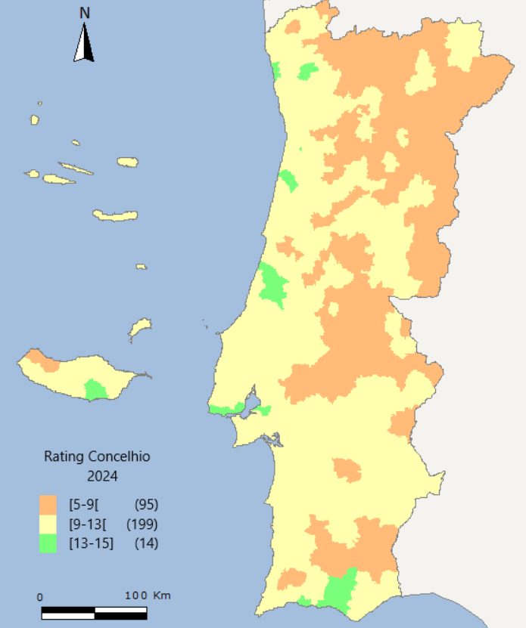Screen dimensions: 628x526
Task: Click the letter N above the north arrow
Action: coord(85,12)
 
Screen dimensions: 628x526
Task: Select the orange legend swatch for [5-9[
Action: coord(48,505)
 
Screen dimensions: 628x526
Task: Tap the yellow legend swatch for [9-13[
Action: coord(48,524)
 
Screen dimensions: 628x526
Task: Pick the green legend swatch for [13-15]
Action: coord(48,543)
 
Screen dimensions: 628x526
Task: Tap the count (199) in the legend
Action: coord(142,524)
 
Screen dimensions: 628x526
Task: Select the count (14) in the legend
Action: coord(146,543)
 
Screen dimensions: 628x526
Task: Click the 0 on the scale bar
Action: coord(40,596)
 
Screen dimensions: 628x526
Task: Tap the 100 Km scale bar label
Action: coord(148,596)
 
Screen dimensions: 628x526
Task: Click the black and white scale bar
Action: coord(95,611)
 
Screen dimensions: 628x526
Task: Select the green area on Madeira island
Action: coord(95,390)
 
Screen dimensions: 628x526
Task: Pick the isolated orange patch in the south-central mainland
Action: coord(347,469)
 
